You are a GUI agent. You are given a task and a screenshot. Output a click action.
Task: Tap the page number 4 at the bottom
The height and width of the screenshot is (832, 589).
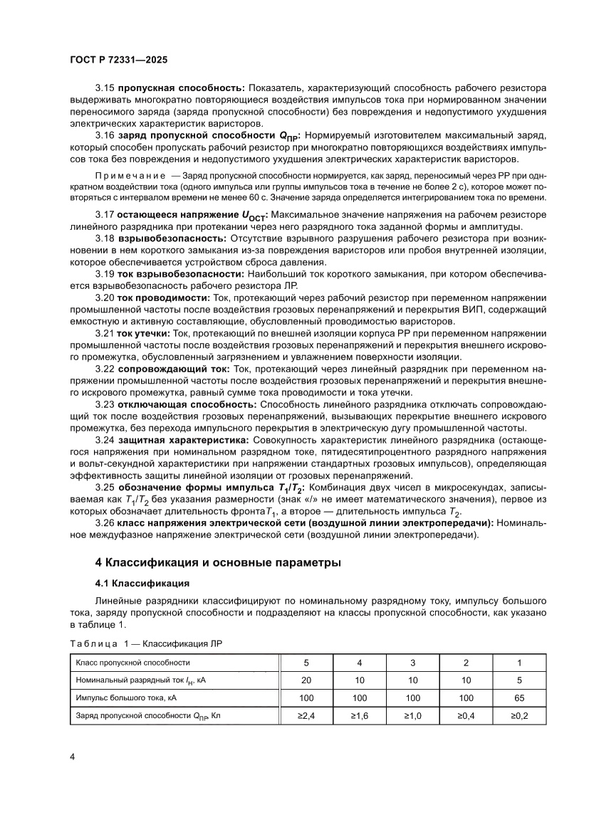tap(73, 756)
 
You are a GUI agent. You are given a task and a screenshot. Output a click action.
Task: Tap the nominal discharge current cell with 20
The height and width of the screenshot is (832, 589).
tap(306, 680)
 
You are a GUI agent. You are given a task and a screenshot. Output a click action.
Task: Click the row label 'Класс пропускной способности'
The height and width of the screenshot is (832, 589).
tap(128, 663)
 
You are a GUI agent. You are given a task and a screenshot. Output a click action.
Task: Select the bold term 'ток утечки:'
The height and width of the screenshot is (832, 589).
tap(143, 332)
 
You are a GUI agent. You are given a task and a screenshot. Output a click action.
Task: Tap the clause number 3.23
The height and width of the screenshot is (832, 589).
tap(105, 404)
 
